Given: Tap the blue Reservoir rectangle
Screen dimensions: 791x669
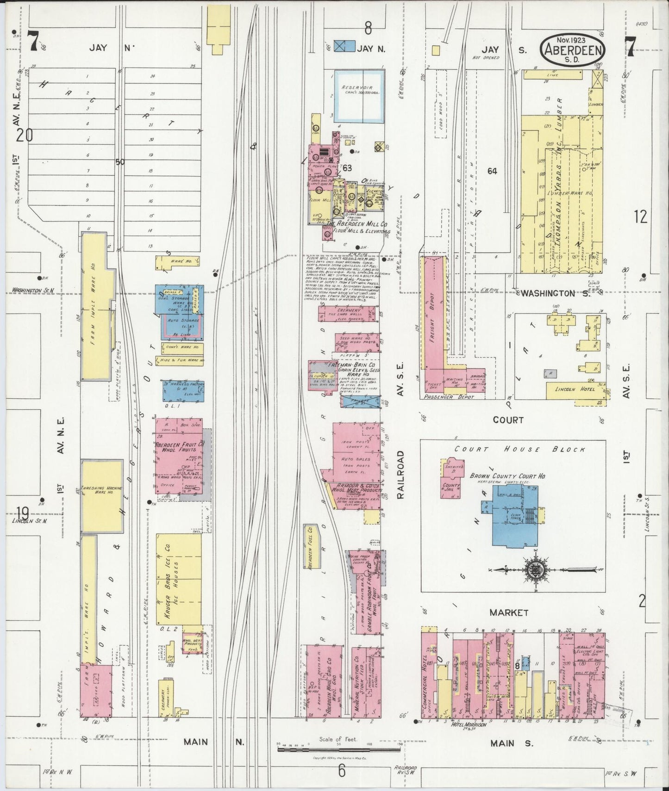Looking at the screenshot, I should coord(360,96).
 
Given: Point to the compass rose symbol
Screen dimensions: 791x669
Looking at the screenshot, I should coord(535,569).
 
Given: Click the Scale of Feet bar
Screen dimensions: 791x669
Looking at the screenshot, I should coord(339,749).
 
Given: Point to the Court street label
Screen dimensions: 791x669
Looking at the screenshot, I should coord(508,420).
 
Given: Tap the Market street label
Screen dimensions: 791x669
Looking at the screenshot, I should coord(508,612).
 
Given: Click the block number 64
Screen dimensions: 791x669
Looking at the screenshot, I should coord(492,171).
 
